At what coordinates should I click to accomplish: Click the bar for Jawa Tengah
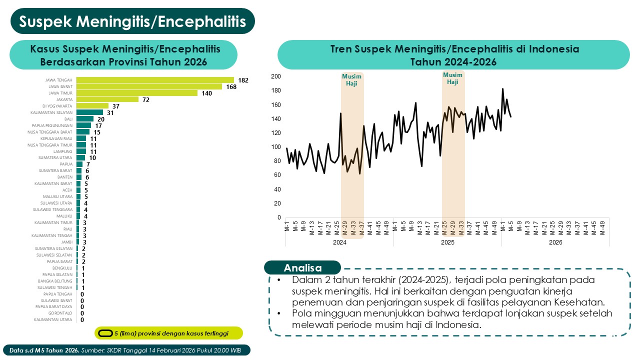point(155,80)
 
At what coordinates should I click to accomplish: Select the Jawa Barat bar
point(149,86)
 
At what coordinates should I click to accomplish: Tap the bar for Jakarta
point(107,99)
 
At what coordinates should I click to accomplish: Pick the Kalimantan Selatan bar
point(89,112)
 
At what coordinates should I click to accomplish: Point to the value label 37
point(116,106)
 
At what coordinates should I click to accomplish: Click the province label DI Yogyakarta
point(57,106)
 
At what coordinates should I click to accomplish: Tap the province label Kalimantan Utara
point(53,319)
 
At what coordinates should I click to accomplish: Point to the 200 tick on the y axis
point(275,76)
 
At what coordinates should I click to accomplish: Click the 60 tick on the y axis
point(277,175)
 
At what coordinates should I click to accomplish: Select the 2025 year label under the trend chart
point(447,242)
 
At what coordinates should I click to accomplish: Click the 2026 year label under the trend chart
point(555,242)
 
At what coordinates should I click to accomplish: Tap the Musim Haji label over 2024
point(352,80)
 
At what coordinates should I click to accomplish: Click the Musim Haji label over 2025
point(453,78)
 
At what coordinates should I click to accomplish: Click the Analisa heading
point(302,267)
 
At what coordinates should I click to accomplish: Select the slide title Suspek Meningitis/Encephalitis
point(132,21)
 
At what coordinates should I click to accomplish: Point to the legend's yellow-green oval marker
point(105,333)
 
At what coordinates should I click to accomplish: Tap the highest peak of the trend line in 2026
point(502,89)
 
